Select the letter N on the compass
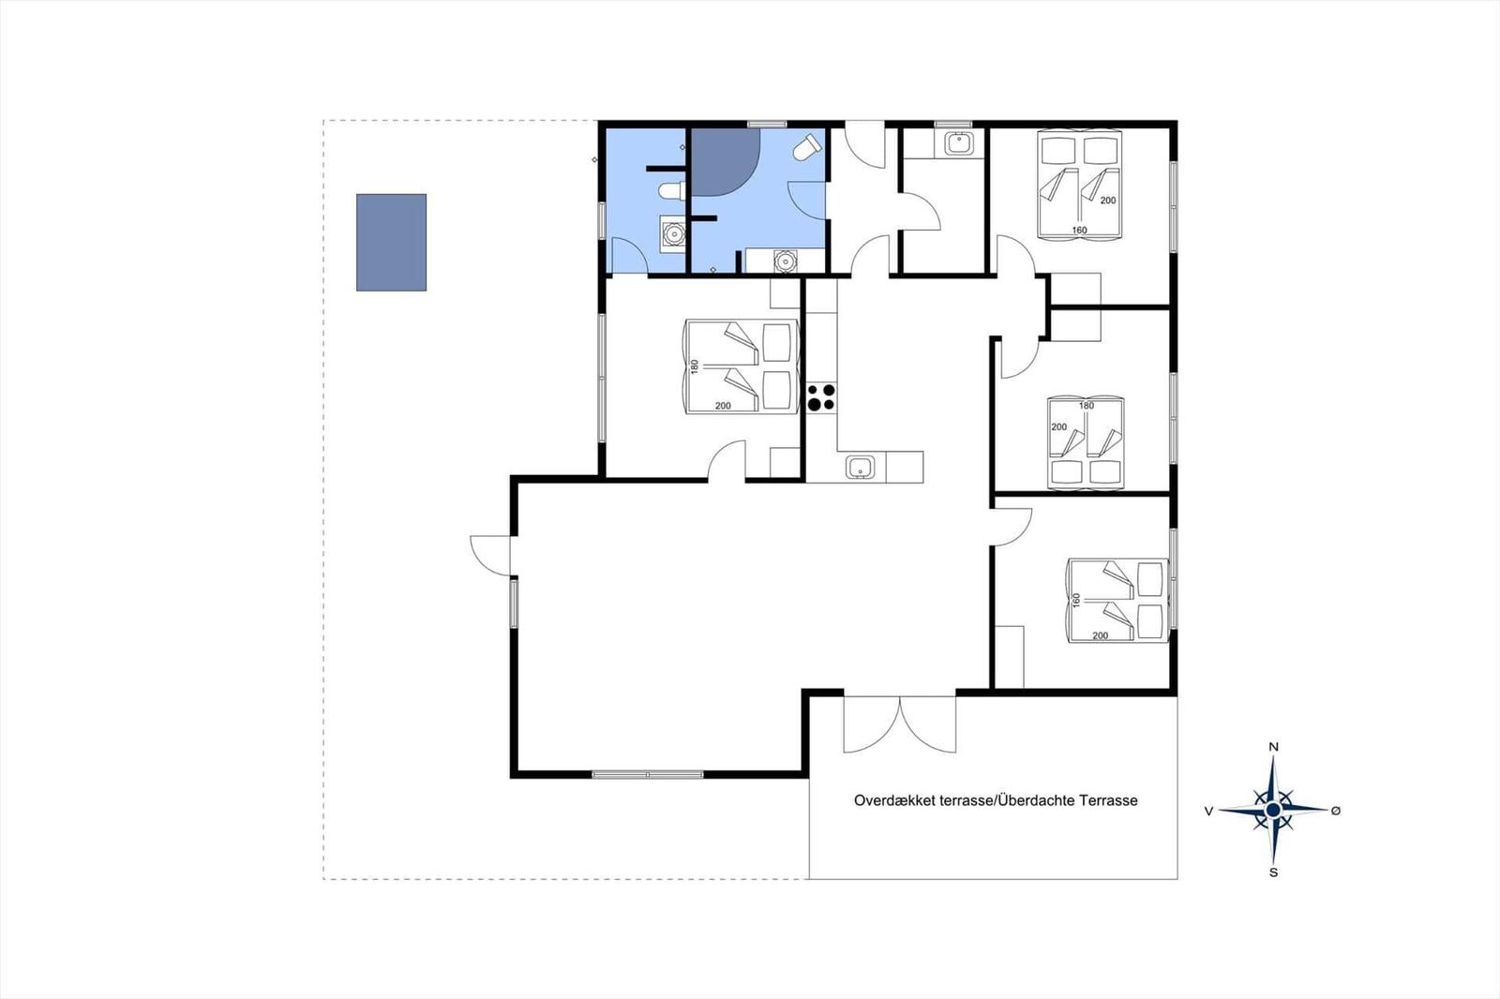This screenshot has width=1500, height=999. tap(1274, 747)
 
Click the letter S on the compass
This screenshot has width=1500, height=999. tap(1274, 872)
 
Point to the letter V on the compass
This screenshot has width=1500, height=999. tap(1208, 811)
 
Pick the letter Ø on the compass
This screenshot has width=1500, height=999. tap(1336, 811)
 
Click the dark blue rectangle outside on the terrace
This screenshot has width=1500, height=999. tap(391, 243)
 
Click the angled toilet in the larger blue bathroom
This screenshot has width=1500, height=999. tap(807, 147)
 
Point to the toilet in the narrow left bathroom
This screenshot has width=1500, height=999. tap(671, 191)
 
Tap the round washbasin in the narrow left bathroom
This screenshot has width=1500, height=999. tap(673, 233)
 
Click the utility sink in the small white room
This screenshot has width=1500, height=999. tap(959, 143)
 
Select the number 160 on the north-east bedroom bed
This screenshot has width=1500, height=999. tap(1079, 231)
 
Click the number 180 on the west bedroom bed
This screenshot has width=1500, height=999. tap(695, 366)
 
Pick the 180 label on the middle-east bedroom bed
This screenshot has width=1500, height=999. tap(1087, 406)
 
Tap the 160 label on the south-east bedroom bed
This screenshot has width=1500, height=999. tap(1077, 601)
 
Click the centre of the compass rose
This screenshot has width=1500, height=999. tap(1273, 811)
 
